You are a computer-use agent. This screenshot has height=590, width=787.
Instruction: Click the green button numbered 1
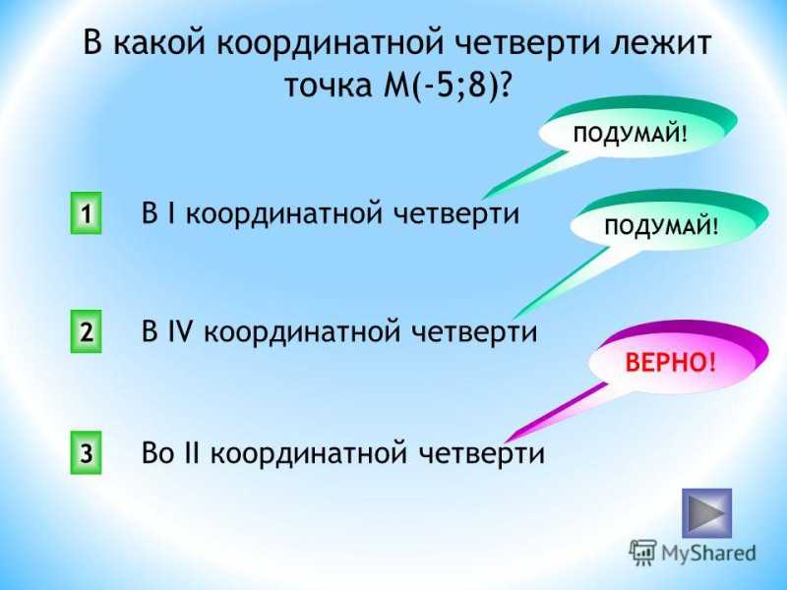click(86, 213)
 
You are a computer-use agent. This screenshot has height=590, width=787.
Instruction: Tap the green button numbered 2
click(86, 331)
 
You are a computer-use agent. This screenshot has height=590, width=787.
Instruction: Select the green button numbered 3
click(86, 452)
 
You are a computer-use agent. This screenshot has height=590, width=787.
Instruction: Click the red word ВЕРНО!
click(671, 362)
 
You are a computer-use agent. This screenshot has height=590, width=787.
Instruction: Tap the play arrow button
click(706, 513)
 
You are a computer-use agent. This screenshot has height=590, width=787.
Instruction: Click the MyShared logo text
click(708, 553)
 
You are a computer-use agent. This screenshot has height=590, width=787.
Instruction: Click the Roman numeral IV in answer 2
click(180, 331)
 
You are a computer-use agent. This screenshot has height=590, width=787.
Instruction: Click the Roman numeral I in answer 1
click(171, 213)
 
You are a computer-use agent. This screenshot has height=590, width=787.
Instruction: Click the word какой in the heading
click(159, 41)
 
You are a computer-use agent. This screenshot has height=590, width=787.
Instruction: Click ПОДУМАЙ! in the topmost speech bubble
click(630, 135)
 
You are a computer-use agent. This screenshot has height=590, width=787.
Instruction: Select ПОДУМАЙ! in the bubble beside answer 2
click(661, 227)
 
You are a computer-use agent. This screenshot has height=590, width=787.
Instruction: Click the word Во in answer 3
click(158, 452)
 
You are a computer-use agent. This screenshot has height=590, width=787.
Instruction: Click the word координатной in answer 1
click(283, 214)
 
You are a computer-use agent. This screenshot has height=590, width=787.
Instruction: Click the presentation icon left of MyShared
click(642, 553)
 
